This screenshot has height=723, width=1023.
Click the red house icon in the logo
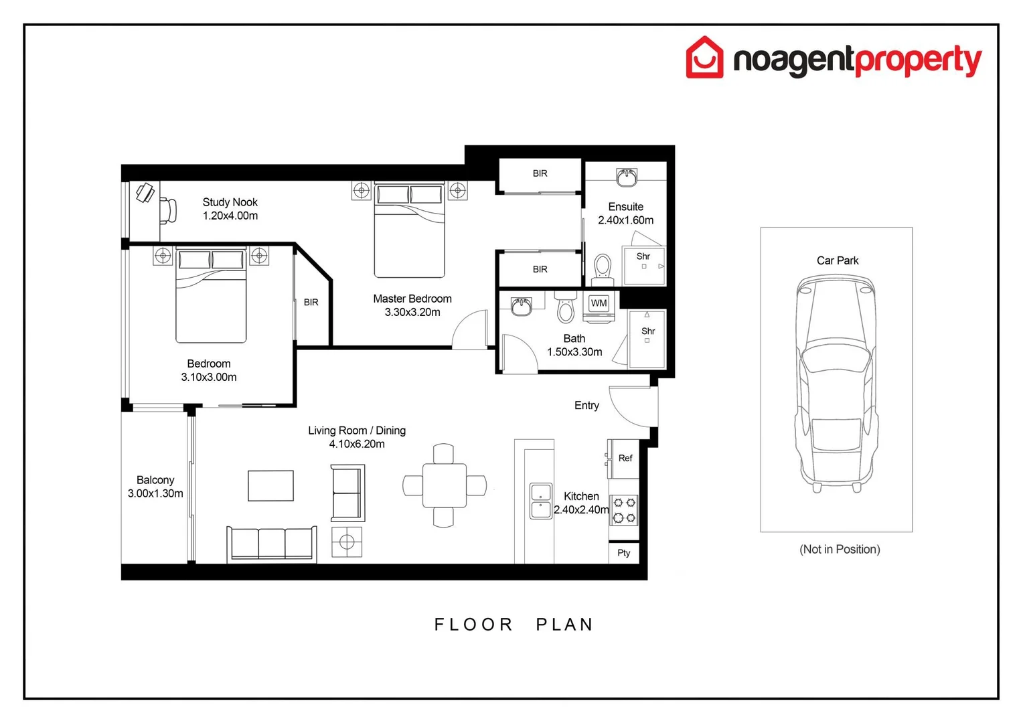coord(704,58)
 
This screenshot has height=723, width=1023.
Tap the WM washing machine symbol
coord(599,303)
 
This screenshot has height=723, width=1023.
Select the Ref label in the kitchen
coord(625,459)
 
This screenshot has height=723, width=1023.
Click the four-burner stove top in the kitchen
coord(624,510)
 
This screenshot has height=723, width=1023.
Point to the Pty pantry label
coord(623,553)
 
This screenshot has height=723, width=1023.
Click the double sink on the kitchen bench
coord(541,501)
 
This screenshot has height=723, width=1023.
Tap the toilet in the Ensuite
coord(603,267)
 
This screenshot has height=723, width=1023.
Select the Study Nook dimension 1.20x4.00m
coord(230,216)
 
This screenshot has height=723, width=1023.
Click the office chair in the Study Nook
coord(168,210)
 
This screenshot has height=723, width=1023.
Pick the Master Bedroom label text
coord(412,299)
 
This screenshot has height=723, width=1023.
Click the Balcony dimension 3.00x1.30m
coord(155,493)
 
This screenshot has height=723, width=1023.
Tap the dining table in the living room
coord(444,485)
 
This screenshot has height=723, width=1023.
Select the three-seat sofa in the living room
coord(272,543)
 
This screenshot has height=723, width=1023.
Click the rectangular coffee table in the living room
coord(270,486)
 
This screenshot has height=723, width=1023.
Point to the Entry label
coord(586,406)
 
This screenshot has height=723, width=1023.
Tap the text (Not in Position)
coord(840,550)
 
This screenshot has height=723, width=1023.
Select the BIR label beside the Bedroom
coord(311,303)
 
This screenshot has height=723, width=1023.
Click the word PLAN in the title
coord(564,625)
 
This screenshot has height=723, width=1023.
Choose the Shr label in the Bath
coord(648,331)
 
